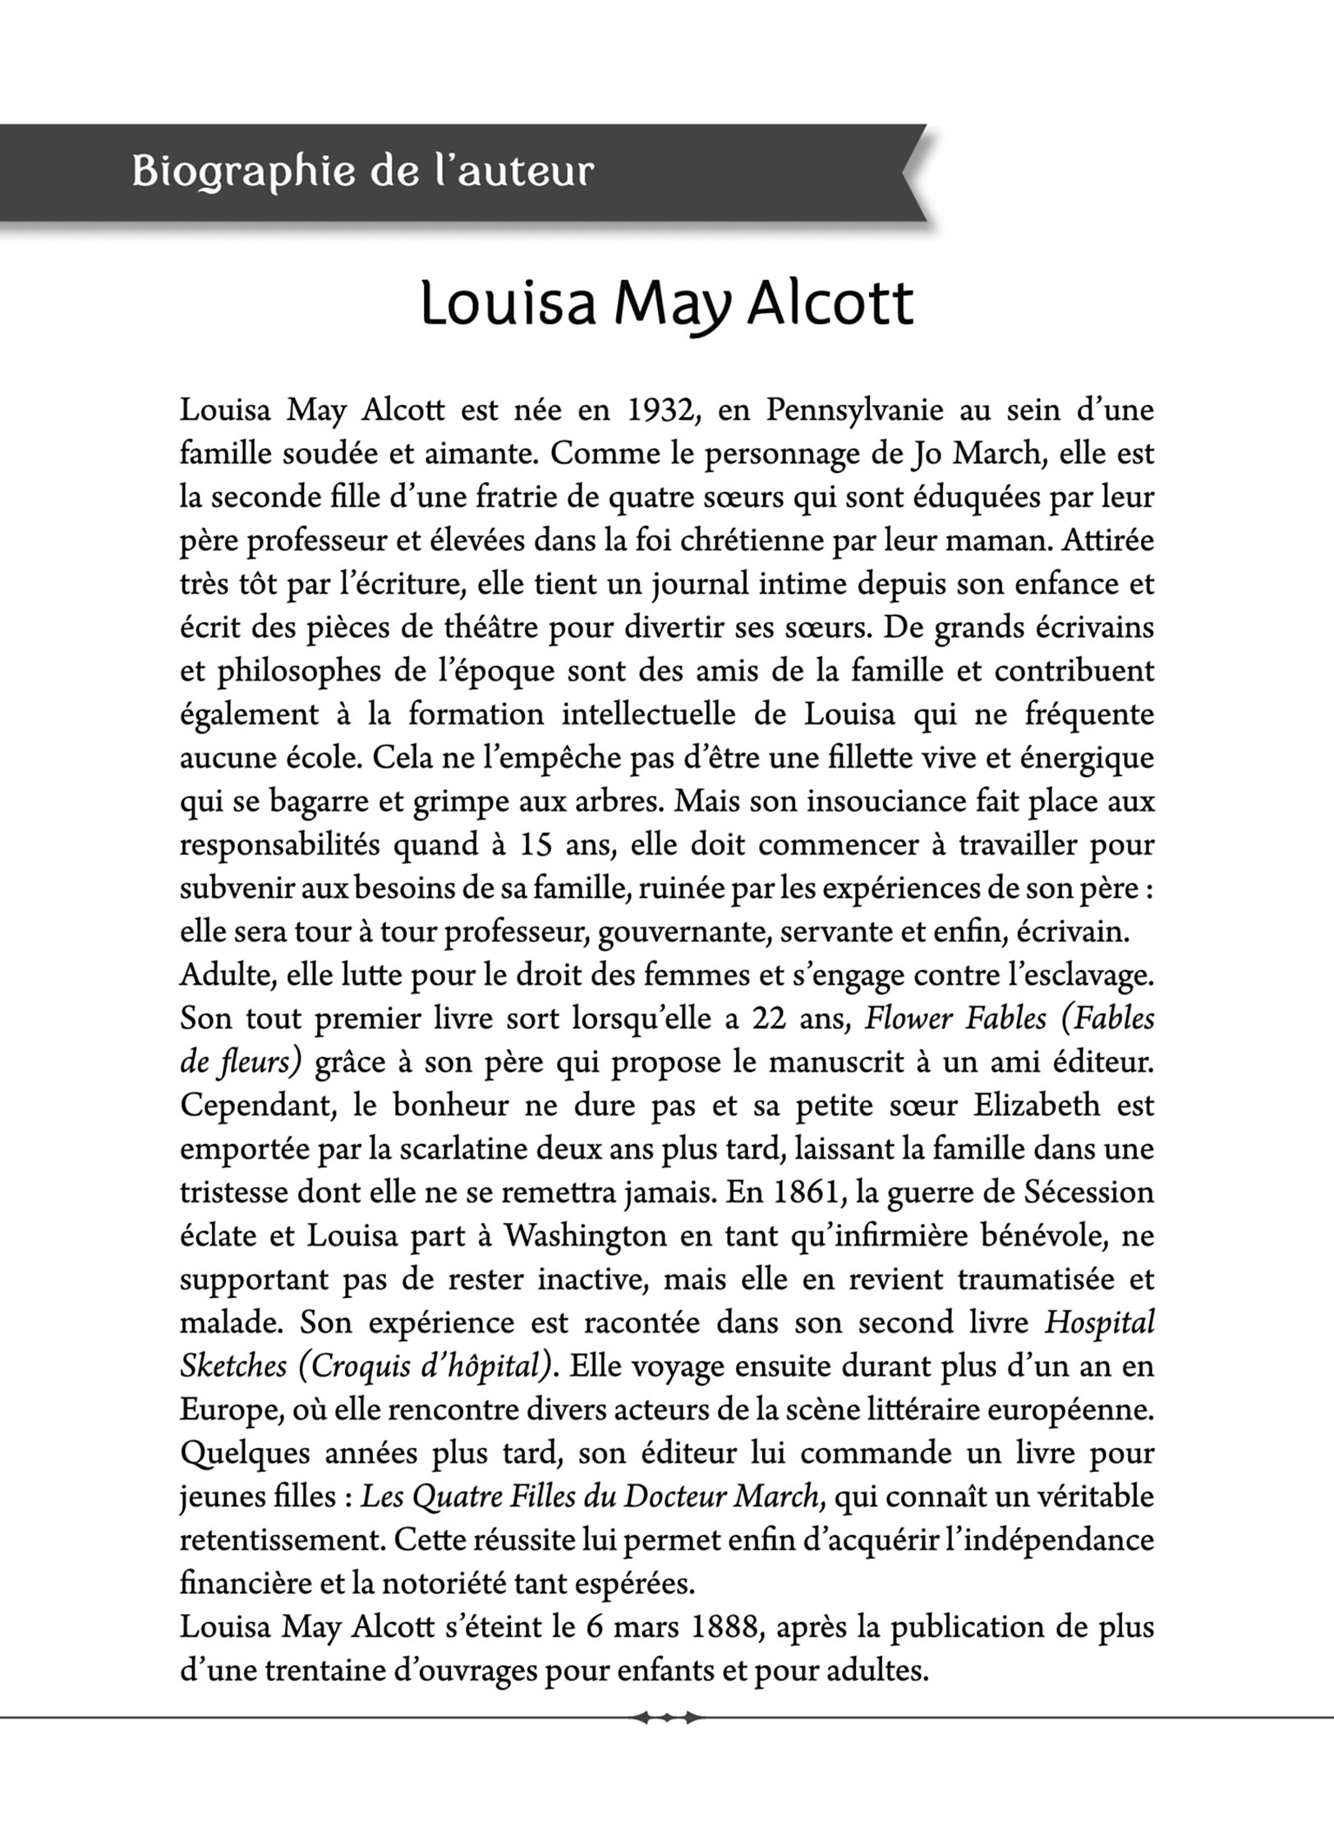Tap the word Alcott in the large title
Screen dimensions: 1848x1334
(x=830, y=305)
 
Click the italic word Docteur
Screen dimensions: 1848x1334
(x=674, y=1497)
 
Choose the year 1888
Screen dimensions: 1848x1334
(x=727, y=1627)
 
